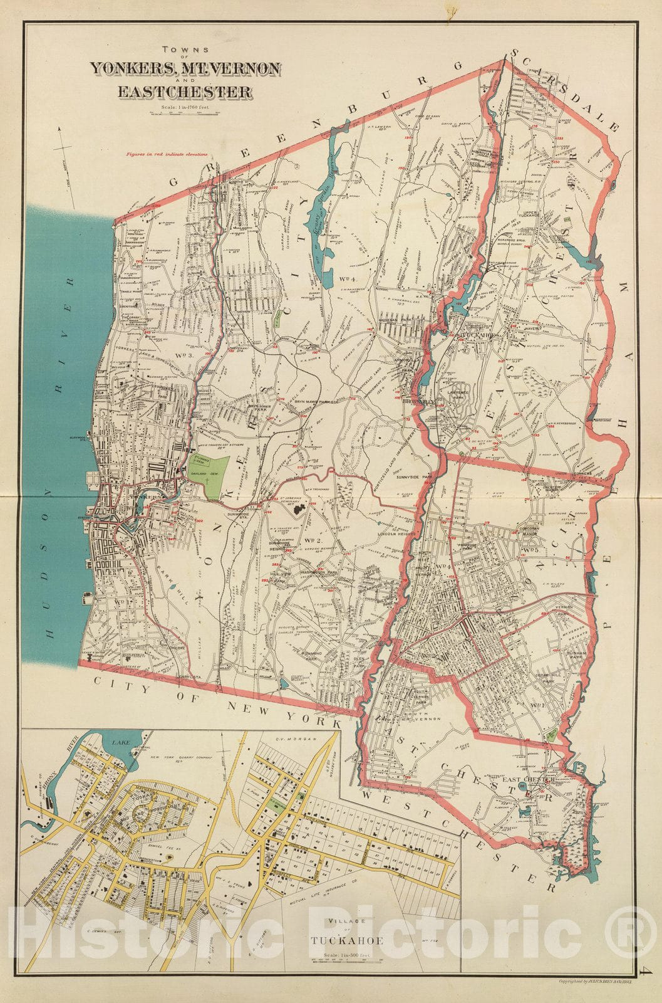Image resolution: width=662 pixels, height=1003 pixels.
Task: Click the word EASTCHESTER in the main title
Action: pyautogui.click(x=185, y=92)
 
